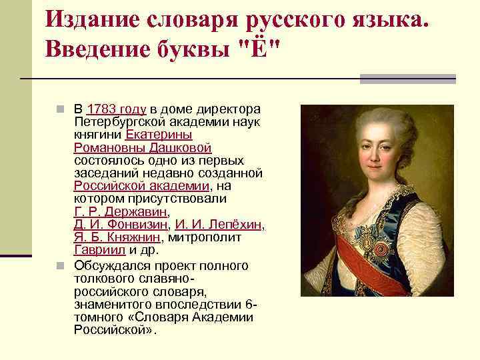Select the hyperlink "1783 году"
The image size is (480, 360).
(x=117, y=109)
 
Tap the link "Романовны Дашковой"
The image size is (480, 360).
(x=143, y=147)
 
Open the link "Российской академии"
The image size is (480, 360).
(x=142, y=186)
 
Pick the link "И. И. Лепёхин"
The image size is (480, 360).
(x=220, y=225)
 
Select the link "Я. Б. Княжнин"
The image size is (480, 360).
(x=117, y=237)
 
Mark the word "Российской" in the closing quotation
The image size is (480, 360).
(x=114, y=330)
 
